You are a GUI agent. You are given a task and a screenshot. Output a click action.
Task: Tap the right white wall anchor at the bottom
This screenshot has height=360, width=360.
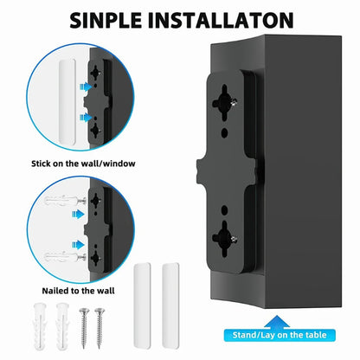click(63, 324)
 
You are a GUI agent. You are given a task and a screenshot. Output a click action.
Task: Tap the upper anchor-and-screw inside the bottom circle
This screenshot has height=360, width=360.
click(54, 209)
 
